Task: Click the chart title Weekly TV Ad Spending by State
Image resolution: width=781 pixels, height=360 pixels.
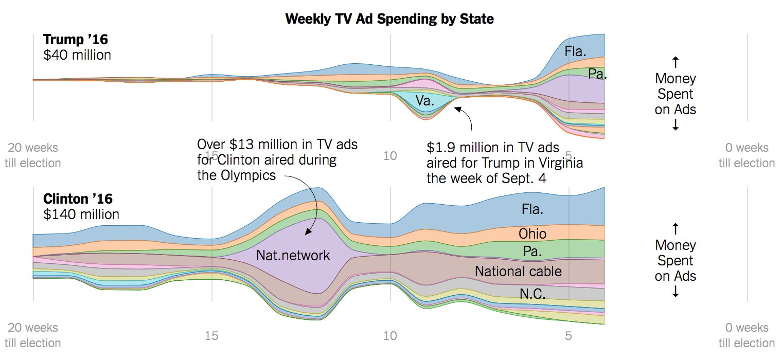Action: tap(389, 20)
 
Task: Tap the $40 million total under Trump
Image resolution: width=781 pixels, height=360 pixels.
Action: tap(77, 55)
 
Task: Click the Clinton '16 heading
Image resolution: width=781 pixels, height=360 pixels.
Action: tap(78, 199)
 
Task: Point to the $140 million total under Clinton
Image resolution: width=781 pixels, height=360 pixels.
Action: tap(81, 214)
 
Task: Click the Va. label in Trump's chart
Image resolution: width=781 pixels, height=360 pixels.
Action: tap(425, 101)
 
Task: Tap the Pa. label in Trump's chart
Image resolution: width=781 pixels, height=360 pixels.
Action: tap(597, 74)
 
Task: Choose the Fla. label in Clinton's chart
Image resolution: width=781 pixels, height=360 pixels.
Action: tap(532, 209)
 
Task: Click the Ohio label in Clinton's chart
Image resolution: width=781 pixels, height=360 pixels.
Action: tap(532, 234)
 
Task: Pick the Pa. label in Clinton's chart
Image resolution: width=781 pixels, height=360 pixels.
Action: tap(532, 251)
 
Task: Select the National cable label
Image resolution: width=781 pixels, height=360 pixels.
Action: tap(518, 271)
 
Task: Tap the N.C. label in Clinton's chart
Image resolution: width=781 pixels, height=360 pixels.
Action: tap(532, 293)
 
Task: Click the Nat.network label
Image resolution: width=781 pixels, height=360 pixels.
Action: tap(293, 255)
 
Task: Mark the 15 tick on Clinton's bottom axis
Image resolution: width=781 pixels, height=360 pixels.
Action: tap(211, 336)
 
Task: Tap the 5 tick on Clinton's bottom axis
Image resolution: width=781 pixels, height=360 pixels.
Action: tap(569, 336)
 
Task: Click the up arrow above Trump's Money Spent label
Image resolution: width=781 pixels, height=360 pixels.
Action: tap(676, 63)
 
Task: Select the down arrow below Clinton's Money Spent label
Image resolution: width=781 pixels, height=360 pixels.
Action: tap(676, 292)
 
